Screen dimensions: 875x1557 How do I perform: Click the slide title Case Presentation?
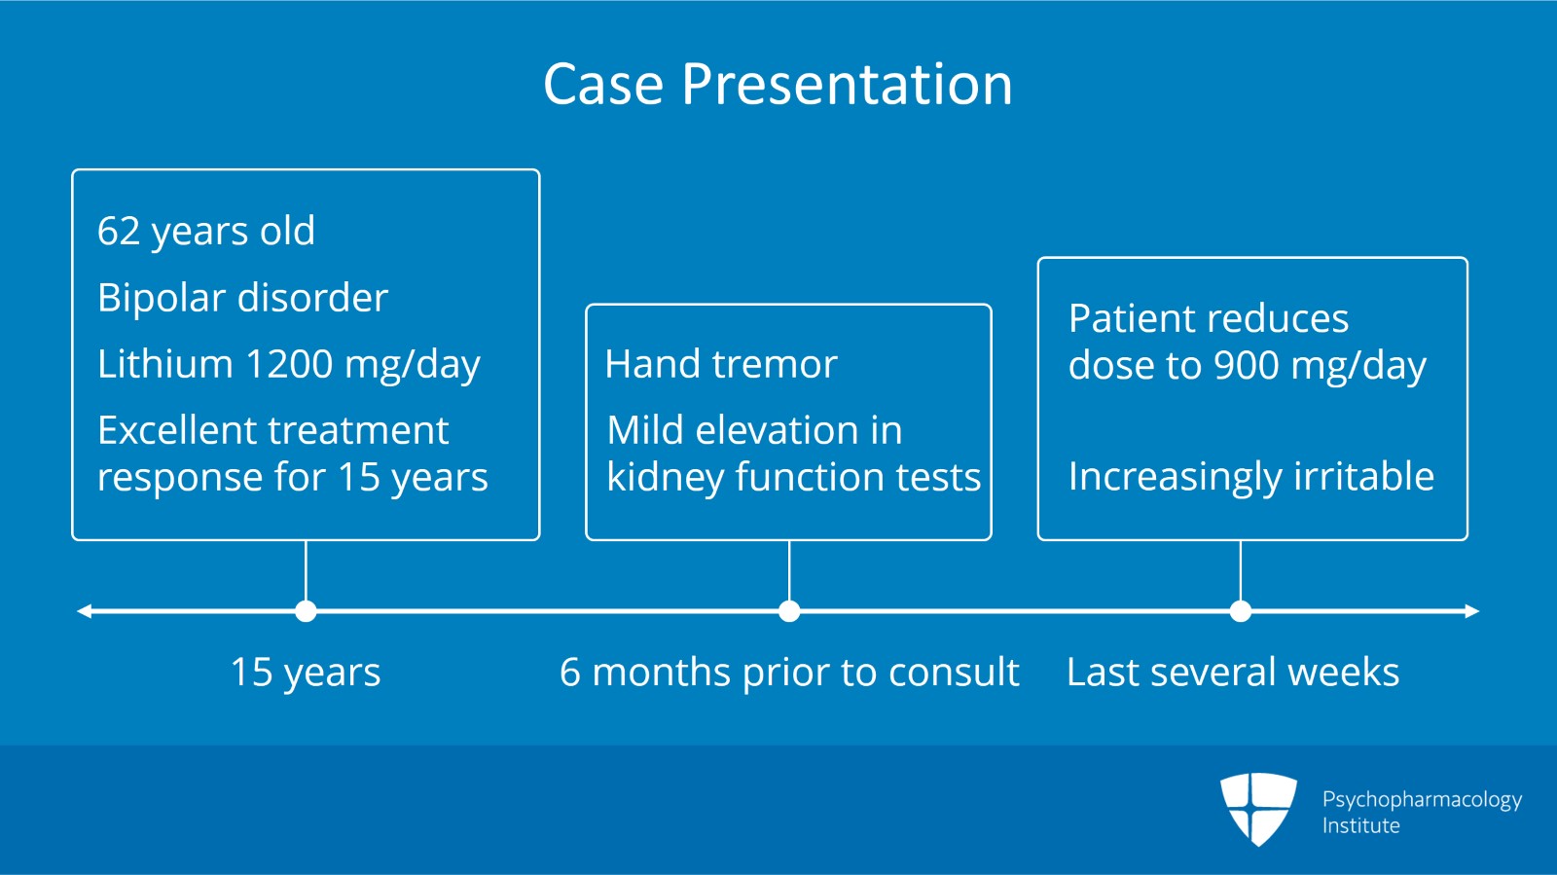(x=778, y=84)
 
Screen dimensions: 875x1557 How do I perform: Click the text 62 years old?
(x=206, y=232)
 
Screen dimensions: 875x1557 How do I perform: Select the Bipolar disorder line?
(x=242, y=298)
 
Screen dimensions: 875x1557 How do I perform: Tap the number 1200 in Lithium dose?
(x=289, y=364)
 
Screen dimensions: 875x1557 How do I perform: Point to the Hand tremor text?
(x=720, y=365)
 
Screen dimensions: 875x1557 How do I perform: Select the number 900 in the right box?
(x=1247, y=366)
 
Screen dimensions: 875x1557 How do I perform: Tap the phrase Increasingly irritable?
(x=1250, y=477)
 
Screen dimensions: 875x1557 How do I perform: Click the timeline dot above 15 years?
(x=306, y=611)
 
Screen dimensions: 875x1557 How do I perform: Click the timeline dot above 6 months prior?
(x=789, y=611)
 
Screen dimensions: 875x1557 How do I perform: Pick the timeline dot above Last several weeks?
(x=1240, y=611)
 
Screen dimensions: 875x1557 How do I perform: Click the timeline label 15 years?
(x=306, y=673)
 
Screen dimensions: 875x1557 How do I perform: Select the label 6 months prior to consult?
(x=789, y=673)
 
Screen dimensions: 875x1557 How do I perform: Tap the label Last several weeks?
(x=1232, y=673)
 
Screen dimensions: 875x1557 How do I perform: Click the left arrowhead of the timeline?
(x=85, y=611)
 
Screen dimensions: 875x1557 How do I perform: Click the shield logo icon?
(x=1258, y=808)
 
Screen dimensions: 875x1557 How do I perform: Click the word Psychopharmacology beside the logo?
(x=1422, y=800)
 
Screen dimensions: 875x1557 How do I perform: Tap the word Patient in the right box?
(x=1129, y=319)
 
